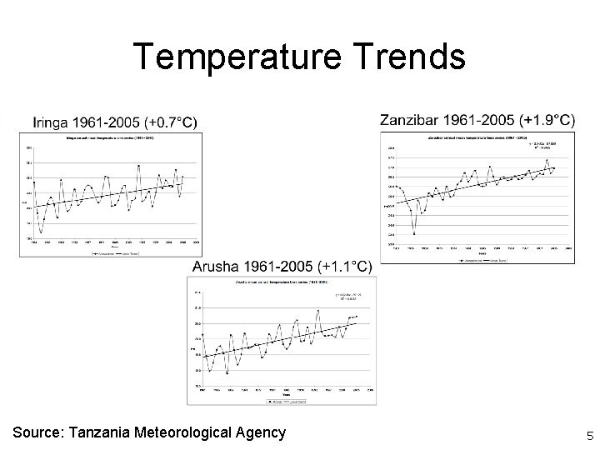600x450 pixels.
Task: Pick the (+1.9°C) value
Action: point(545,121)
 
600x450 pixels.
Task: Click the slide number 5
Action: point(589,435)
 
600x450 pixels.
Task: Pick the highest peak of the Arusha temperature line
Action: point(318,310)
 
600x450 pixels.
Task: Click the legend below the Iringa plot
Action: point(110,251)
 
